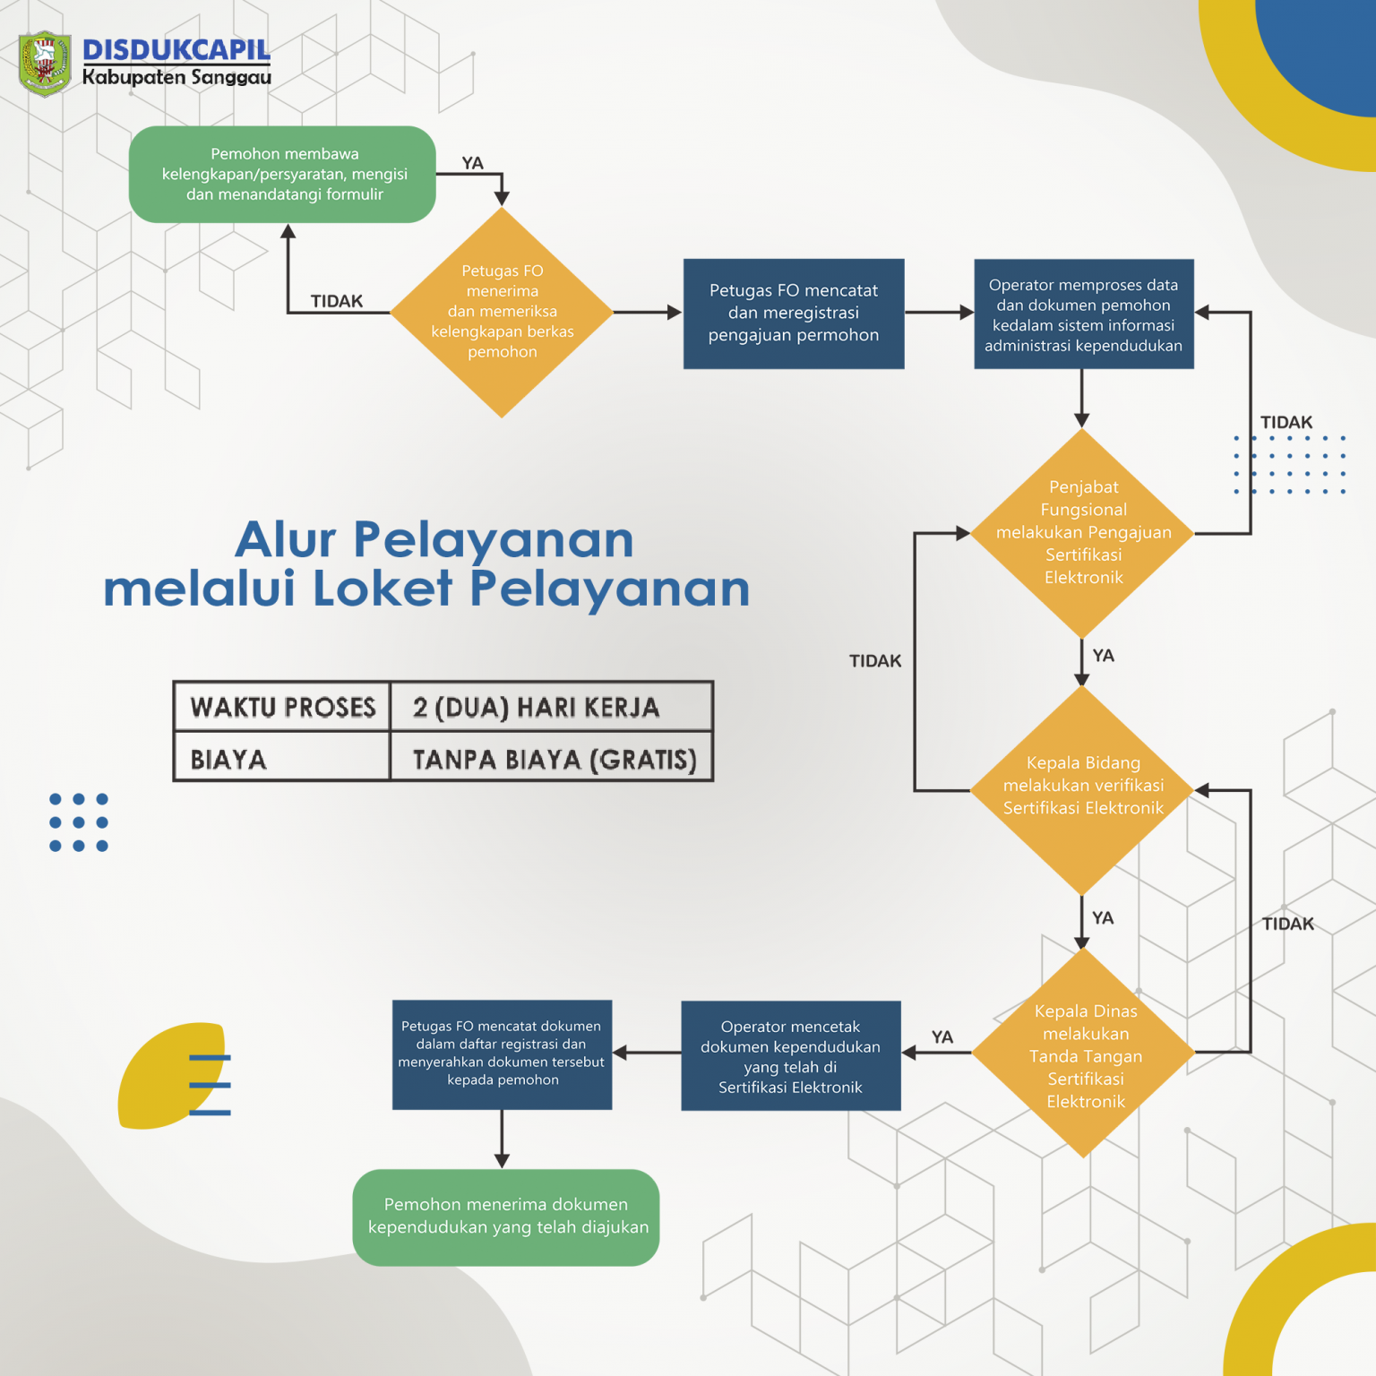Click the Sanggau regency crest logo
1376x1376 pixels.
(45, 64)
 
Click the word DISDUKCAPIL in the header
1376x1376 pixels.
(176, 50)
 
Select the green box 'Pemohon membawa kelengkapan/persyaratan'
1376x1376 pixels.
(282, 175)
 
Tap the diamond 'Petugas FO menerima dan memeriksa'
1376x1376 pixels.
(502, 312)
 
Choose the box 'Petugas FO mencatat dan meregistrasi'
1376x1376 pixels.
(793, 314)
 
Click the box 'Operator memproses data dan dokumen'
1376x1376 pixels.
(1083, 314)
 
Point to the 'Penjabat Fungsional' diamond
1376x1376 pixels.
(1083, 533)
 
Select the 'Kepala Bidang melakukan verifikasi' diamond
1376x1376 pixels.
(1083, 788)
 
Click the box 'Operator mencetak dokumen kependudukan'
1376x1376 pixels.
(790, 1056)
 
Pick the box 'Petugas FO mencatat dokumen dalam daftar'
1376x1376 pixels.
(502, 1054)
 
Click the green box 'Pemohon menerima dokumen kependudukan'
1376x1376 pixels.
(506, 1217)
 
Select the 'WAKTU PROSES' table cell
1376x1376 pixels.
(283, 708)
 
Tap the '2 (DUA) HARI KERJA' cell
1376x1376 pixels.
(536, 708)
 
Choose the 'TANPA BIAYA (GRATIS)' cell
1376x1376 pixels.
(554, 760)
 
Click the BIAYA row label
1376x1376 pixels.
(228, 760)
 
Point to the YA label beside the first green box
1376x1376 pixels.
(472, 163)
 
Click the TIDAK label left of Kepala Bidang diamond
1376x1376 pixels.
(875, 661)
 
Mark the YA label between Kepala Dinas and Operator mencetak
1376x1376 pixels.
(942, 1036)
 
